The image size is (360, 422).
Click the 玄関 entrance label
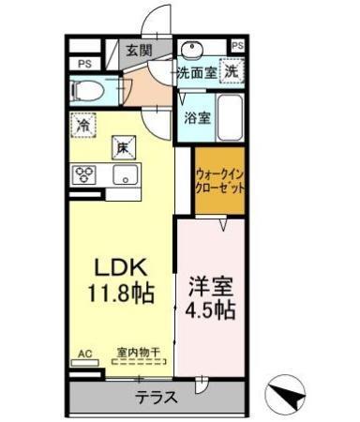(x=140, y=50)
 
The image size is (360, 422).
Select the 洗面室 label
(x=196, y=71)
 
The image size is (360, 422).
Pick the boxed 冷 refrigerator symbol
(x=83, y=124)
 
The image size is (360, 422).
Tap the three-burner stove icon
(x=84, y=173)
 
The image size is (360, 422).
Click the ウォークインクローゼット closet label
(x=220, y=180)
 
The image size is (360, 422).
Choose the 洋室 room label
(x=210, y=281)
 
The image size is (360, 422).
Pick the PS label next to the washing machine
(x=236, y=45)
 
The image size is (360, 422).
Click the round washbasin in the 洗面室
(x=192, y=50)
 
